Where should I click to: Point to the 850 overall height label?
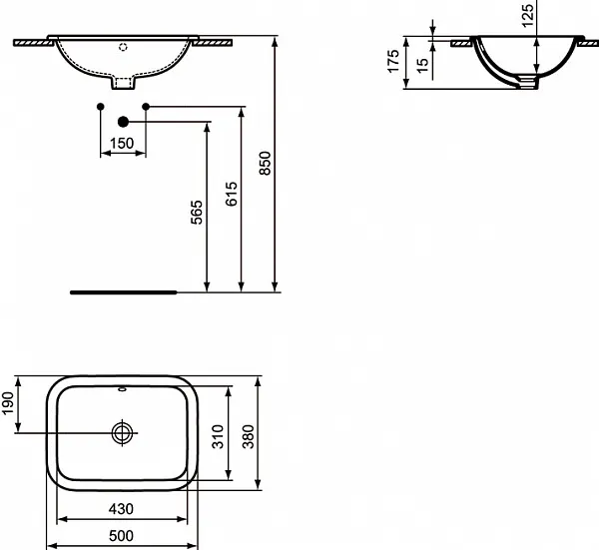coord(265,163)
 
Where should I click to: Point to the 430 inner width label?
coord(122,509)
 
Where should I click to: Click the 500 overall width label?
coord(122,536)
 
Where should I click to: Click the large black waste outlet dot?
coord(123,122)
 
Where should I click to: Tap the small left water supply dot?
coord(99,105)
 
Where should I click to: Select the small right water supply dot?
coord(146,105)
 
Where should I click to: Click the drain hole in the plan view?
coord(123,432)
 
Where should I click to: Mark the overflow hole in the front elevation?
coord(123,46)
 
